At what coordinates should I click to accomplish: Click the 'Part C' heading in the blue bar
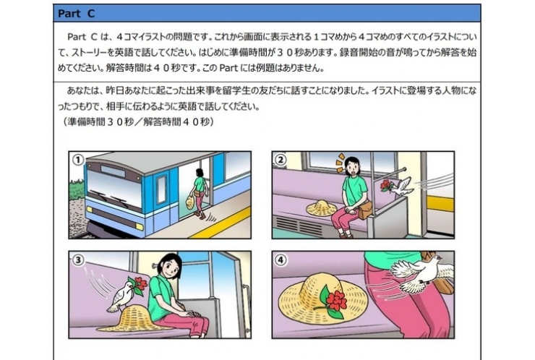(76, 14)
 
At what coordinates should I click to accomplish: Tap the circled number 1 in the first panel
(78, 159)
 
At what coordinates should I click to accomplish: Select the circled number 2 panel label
(281, 159)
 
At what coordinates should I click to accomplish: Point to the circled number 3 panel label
(78, 260)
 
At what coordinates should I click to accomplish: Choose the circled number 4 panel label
(281, 260)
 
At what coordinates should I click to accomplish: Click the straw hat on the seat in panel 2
(322, 207)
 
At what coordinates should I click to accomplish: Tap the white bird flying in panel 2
(403, 187)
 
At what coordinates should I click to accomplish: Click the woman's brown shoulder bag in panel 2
(365, 209)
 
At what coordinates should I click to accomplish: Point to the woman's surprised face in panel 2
(351, 167)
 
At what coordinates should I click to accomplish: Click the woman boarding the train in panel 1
(199, 194)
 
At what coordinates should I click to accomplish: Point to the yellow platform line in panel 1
(221, 223)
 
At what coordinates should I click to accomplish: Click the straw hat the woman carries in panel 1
(189, 202)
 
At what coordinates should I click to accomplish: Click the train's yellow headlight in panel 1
(140, 226)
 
